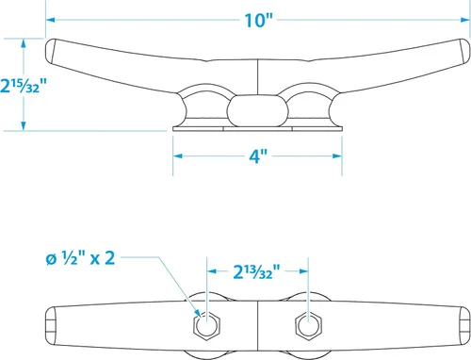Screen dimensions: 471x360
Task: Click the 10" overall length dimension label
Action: (x=259, y=21)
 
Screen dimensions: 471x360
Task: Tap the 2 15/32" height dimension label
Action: (x=24, y=86)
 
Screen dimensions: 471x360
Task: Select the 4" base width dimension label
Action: (x=258, y=156)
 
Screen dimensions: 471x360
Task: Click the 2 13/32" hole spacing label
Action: (x=256, y=271)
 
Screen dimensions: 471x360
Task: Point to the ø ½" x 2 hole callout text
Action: (x=80, y=259)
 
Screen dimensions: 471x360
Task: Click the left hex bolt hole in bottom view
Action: (x=206, y=325)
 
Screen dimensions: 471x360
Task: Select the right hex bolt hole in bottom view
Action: (x=308, y=325)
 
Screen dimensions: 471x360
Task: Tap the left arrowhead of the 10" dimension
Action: (x=51, y=20)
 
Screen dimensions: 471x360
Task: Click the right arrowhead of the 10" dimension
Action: (x=465, y=20)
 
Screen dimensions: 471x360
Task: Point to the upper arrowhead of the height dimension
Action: (x=23, y=43)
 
